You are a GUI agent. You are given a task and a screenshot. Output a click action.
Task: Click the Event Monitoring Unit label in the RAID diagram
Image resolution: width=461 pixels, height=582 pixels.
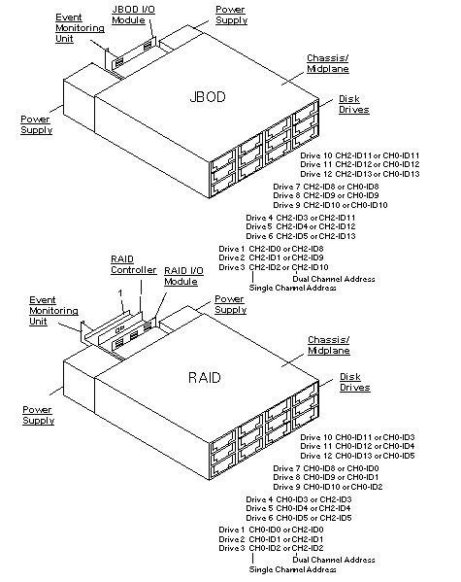[49, 310]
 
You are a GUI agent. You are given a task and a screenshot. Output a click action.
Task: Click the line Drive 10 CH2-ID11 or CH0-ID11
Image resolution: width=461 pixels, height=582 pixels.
[359, 155]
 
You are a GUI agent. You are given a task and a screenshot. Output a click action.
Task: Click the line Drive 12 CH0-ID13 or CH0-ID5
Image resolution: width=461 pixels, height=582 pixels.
[356, 455]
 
